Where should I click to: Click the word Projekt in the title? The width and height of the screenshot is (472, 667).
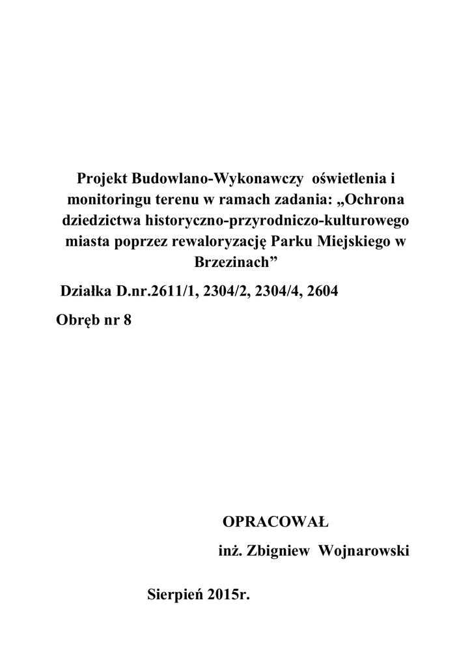102,178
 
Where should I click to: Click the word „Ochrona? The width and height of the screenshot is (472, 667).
372,199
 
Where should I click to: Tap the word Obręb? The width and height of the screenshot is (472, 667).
75,320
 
